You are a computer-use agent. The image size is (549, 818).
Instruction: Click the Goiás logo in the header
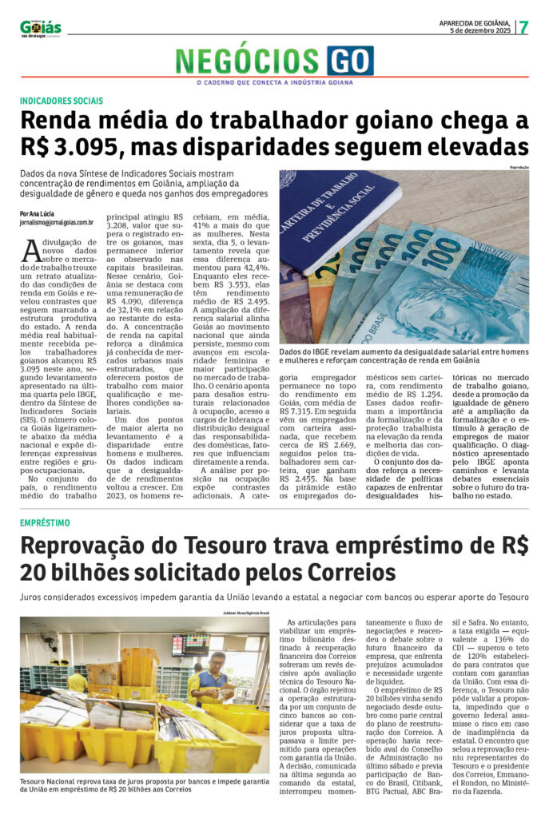tap(41, 27)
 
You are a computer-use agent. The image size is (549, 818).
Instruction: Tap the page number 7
tap(523, 27)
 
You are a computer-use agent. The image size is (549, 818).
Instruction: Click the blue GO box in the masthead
tap(349, 61)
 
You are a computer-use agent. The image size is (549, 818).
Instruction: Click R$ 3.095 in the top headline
tap(72, 148)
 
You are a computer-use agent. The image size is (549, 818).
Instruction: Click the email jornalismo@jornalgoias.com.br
tap(58, 224)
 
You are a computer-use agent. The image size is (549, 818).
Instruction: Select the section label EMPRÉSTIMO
tap(45, 522)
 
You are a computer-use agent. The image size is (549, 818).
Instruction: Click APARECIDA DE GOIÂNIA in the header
tap(475, 22)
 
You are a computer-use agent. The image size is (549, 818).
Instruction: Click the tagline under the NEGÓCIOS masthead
tap(274, 82)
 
